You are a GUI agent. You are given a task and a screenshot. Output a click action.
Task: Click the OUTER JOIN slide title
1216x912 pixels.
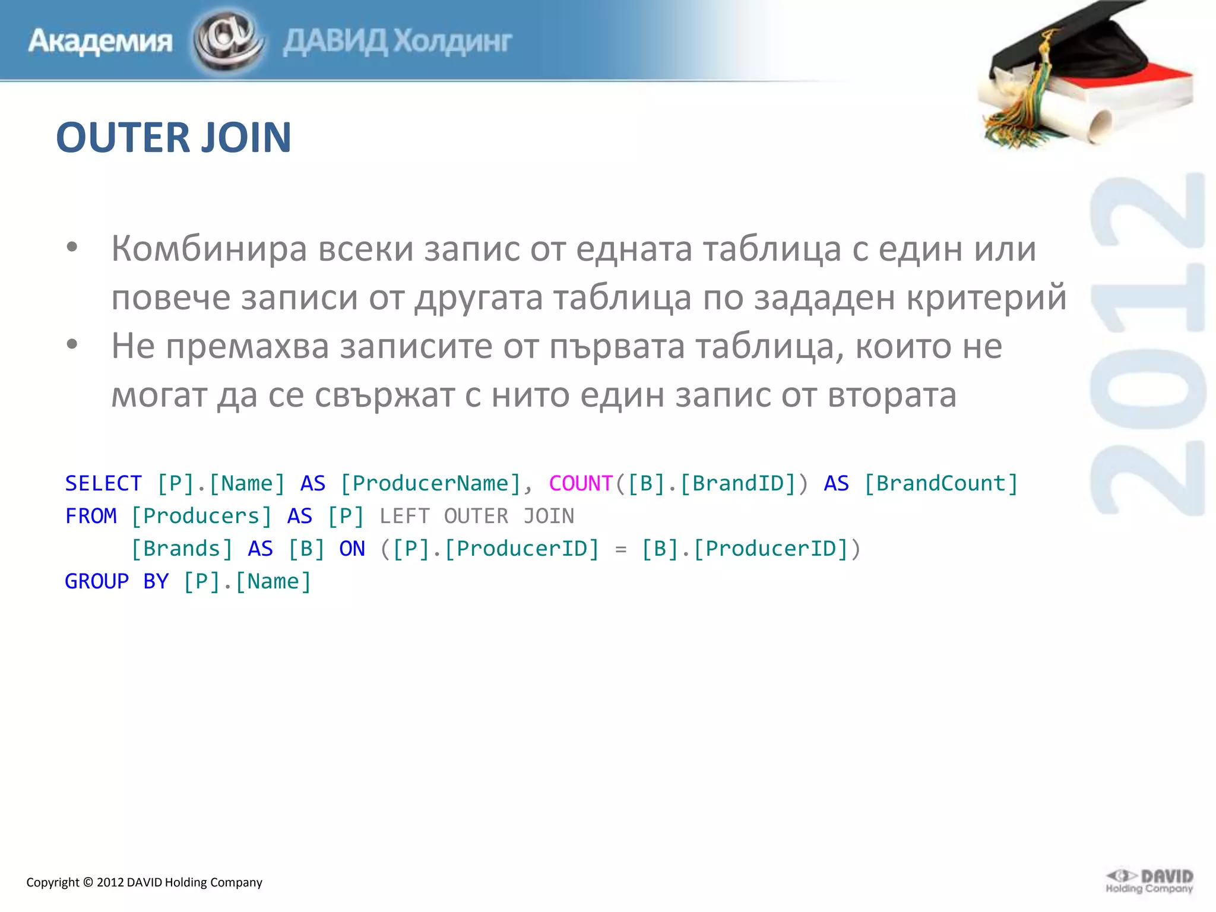click(173, 138)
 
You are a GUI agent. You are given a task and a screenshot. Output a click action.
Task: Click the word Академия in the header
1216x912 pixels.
click(100, 42)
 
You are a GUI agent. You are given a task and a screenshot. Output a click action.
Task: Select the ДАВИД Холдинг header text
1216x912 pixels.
click(397, 42)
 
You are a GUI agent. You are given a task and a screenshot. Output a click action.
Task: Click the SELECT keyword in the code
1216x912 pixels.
click(103, 483)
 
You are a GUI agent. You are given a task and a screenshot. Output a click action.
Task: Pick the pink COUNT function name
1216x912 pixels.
click(580, 483)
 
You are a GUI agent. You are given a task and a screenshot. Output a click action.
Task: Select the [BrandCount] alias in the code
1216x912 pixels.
click(941, 483)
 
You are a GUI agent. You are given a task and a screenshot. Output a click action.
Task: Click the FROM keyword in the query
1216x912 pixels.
click(91, 516)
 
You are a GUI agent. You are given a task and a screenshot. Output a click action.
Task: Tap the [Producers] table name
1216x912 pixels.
click(201, 516)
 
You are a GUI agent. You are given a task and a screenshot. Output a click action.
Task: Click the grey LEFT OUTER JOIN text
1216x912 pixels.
click(477, 516)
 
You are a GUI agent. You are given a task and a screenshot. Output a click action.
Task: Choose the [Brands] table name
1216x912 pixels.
click(182, 549)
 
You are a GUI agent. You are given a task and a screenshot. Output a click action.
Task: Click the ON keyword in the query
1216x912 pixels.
click(352, 549)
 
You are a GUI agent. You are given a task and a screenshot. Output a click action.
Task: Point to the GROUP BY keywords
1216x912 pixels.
click(116, 581)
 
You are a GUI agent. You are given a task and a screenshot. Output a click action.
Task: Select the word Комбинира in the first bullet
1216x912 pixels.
click(209, 248)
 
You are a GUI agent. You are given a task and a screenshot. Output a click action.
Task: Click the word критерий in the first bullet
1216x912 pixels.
click(986, 297)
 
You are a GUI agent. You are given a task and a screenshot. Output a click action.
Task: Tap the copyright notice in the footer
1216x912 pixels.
click(144, 882)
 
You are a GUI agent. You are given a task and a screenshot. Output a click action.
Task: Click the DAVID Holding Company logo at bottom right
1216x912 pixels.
click(1149, 881)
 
